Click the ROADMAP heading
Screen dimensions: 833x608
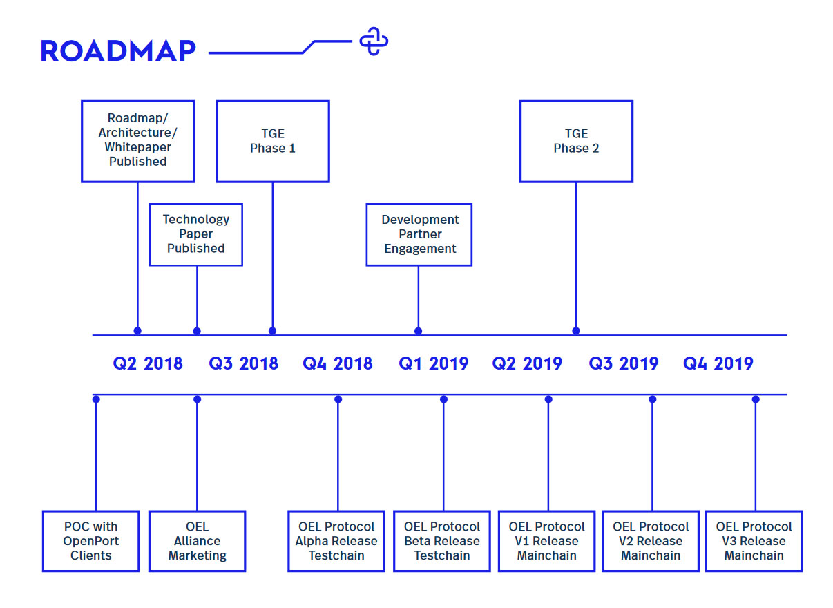point(118,50)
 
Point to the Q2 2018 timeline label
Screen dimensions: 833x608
point(148,363)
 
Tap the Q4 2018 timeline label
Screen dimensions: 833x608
point(337,363)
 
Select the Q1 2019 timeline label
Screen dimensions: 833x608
point(433,363)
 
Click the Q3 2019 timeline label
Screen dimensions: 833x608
point(623,363)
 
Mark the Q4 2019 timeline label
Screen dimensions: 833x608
point(718,363)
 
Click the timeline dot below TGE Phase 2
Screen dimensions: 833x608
point(576,331)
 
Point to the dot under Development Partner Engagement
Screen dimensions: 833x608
point(419,331)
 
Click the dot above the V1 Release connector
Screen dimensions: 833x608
point(548,399)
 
